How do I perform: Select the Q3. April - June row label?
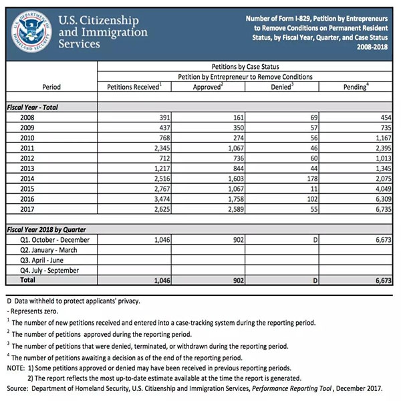tap(43, 260)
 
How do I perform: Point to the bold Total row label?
tap(28, 281)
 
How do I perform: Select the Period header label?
tap(51, 87)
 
